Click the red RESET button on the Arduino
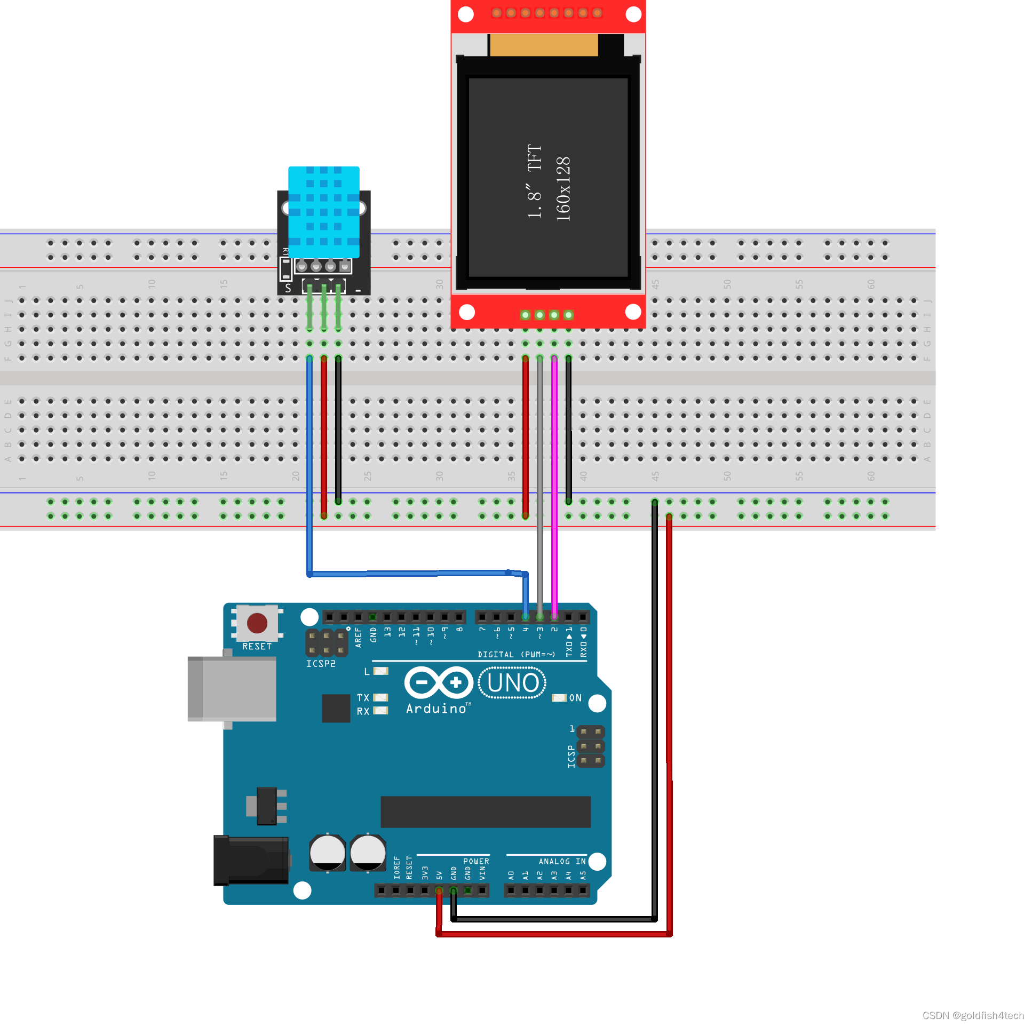(x=257, y=623)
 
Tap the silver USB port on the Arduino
(x=232, y=689)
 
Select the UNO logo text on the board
(x=512, y=682)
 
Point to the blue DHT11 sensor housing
(x=324, y=211)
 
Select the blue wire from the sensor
(x=309, y=454)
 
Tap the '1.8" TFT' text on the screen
(x=535, y=181)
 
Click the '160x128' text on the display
(x=563, y=189)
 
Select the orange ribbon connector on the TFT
(x=543, y=45)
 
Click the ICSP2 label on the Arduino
(x=321, y=663)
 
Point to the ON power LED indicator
(x=559, y=698)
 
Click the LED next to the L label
(x=381, y=671)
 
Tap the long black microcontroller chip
(x=485, y=812)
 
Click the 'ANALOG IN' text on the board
(x=562, y=862)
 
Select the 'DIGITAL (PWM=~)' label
(x=516, y=654)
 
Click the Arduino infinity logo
(x=439, y=682)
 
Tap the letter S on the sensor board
(x=288, y=289)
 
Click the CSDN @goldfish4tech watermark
(x=972, y=1015)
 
